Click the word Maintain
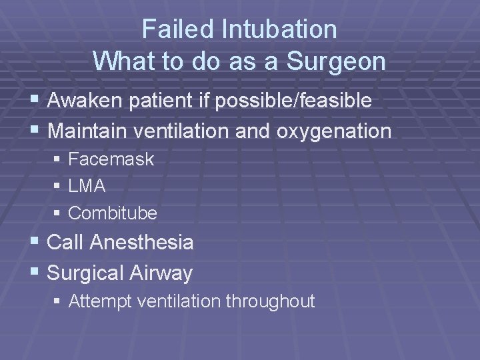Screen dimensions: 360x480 point(87,131)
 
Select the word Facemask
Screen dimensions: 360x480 point(111,159)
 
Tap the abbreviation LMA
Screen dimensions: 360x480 point(87,186)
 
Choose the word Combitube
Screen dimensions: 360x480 point(113,213)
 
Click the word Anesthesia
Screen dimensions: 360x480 point(141,243)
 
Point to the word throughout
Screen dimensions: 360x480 point(270,301)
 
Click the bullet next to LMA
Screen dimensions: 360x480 point(58,187)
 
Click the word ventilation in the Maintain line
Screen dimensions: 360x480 point(183,131)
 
